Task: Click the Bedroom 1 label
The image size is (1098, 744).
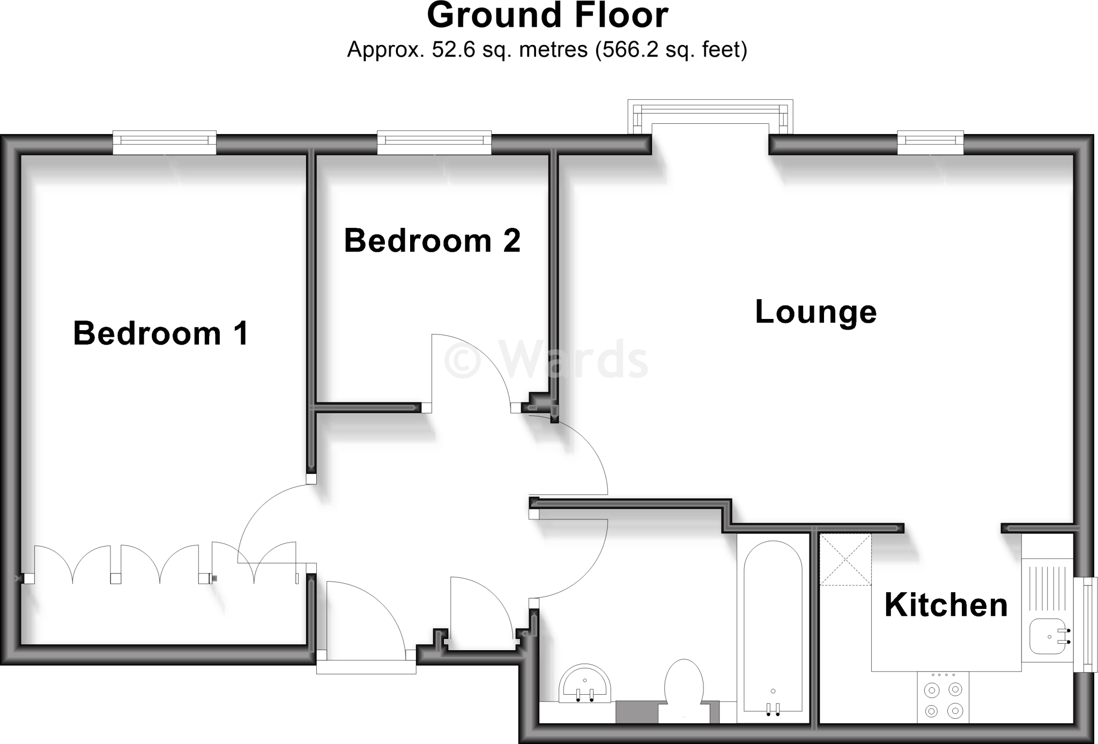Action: [x=161, y=333]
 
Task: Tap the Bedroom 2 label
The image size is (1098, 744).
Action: [x=432, y=241]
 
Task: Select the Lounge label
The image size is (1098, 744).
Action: [x=815, y=312]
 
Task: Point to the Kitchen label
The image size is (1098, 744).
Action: [x=946, y=605]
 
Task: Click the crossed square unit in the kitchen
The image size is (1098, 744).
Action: [x=845, y=560]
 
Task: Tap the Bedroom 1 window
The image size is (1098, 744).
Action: [x=165, y=143]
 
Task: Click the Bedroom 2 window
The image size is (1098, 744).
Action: [x=434, y=143]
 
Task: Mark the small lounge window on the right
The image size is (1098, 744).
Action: [x=931, y=143]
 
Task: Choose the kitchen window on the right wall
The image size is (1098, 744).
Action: [x=1085, y=624]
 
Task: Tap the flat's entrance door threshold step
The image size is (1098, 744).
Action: [x=366, y=666]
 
